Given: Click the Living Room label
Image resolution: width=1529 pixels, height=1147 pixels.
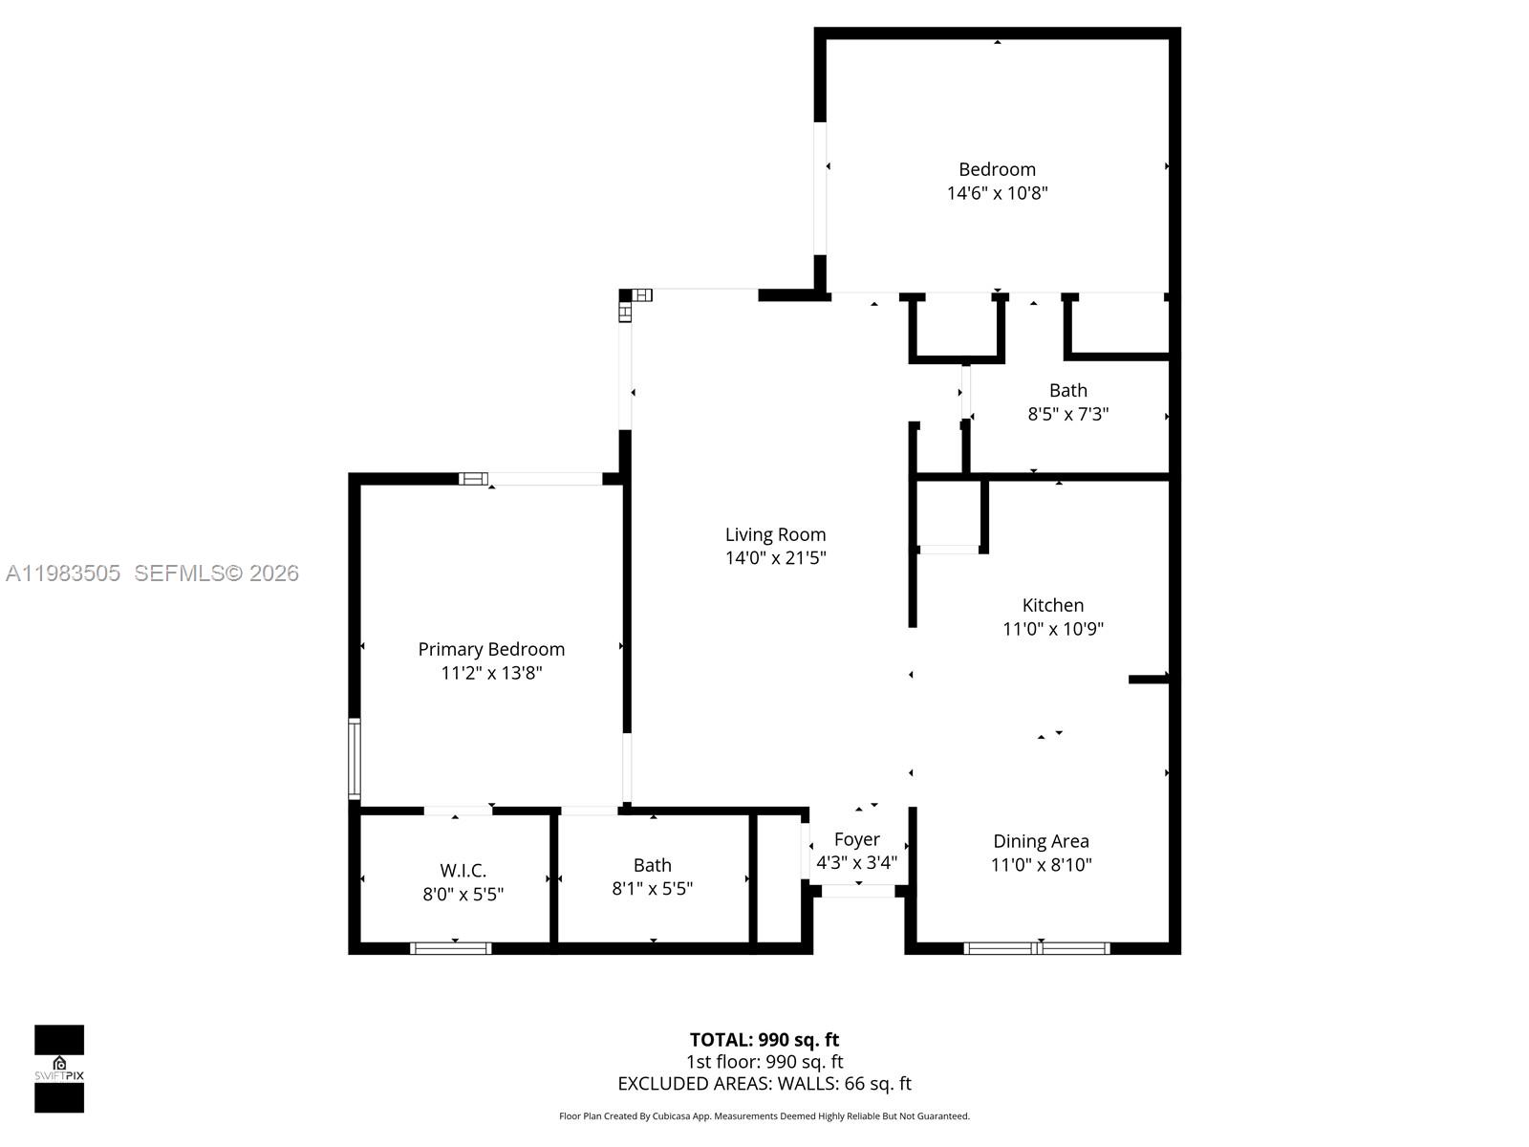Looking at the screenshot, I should (775, 535).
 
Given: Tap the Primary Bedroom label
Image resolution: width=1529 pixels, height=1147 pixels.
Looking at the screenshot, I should (491, 650).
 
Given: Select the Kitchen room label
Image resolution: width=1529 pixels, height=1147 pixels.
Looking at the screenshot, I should (1053, 605).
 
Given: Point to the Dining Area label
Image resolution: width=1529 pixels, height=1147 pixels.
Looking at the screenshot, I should (1041, 841).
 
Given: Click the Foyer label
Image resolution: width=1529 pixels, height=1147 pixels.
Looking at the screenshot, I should (856, 839).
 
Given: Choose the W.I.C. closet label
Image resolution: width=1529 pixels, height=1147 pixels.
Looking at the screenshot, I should (463, 871).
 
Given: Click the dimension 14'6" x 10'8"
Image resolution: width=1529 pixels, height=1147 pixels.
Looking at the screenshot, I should (997, 193).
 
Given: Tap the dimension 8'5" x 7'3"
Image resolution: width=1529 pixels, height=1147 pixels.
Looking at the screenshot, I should (1067, 414).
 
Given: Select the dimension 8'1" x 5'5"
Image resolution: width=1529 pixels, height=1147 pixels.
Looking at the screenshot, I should (652, 889).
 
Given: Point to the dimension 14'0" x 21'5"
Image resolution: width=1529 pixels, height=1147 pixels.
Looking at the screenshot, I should (775, 558).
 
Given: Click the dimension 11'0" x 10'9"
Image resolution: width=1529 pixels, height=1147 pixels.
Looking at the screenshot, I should (1053, 629).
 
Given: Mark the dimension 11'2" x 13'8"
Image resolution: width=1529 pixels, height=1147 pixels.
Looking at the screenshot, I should (491, 673).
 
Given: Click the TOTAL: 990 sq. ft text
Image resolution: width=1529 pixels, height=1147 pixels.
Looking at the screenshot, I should (764, 1040).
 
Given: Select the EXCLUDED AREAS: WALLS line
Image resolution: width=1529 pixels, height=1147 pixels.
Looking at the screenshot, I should (764, 1084).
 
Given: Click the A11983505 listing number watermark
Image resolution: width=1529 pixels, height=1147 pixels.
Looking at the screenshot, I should (63, 573).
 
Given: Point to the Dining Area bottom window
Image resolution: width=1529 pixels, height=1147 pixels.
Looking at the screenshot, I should (1037, 948).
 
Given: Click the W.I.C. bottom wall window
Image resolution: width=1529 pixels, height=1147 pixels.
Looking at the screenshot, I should (451, 948).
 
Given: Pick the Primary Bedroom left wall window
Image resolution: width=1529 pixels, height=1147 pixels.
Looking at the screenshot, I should (355, 759).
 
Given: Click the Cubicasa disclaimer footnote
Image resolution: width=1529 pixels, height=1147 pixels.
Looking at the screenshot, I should (764, 1116).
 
